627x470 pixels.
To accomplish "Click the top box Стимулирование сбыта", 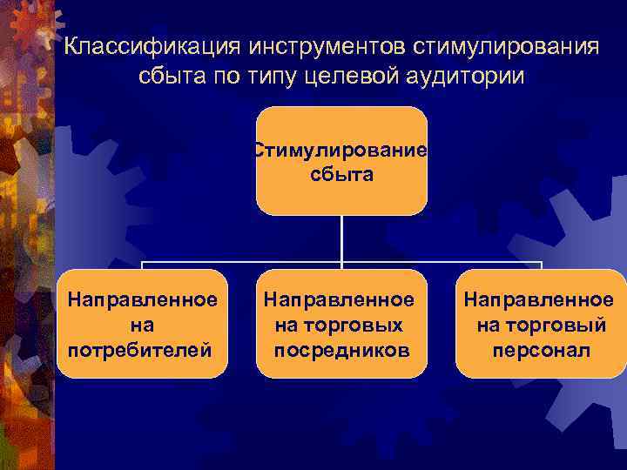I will pos(341,161).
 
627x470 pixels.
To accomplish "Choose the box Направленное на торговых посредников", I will pos(341,325).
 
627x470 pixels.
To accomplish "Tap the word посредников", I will pos(341,350).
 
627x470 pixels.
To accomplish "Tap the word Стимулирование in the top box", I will pos(341,150).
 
